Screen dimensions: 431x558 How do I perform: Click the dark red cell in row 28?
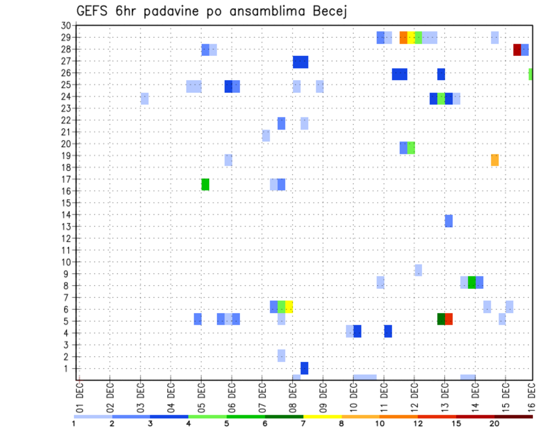click(517, 50)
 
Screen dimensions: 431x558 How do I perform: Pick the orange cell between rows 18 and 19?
click(495, 160)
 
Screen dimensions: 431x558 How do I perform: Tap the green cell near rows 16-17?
click(205, 184)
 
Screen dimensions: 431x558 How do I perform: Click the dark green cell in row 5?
click(441, 319)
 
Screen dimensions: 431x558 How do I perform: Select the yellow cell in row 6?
click(289, 307)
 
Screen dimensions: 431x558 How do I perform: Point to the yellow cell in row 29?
click(411, 38)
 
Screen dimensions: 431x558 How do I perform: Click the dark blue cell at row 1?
click(304, 368)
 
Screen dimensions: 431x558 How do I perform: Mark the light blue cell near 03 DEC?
click(144, 99)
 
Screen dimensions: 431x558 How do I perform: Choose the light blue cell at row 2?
click(281, 355)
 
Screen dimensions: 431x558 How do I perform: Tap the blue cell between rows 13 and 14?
click(449, 221)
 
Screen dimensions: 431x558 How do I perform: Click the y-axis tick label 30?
click(65, 26)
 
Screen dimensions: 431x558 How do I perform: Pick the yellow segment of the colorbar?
click(323, 416)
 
